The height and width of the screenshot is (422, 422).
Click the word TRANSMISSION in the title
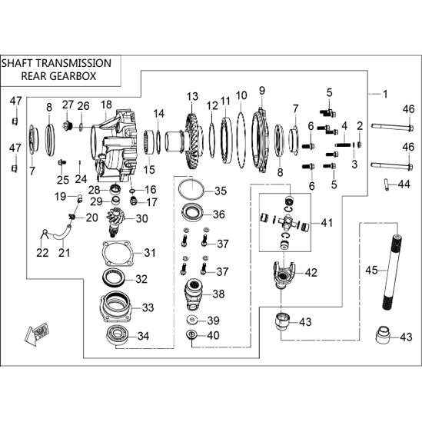pos(74,63)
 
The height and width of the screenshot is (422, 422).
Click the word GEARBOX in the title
pos(73,76)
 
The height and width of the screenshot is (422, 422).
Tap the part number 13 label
pos(192,97)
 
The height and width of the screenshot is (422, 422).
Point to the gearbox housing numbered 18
pos(115,145)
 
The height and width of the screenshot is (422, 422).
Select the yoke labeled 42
pos(284,275)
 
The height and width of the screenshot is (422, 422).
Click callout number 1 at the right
pos(385,95)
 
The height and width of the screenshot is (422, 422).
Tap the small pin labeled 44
pos(386,184)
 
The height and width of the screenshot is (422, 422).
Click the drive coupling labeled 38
pos(194,295)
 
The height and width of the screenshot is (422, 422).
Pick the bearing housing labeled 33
pos(116,307)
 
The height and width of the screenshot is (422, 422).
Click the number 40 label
pos(213,335)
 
